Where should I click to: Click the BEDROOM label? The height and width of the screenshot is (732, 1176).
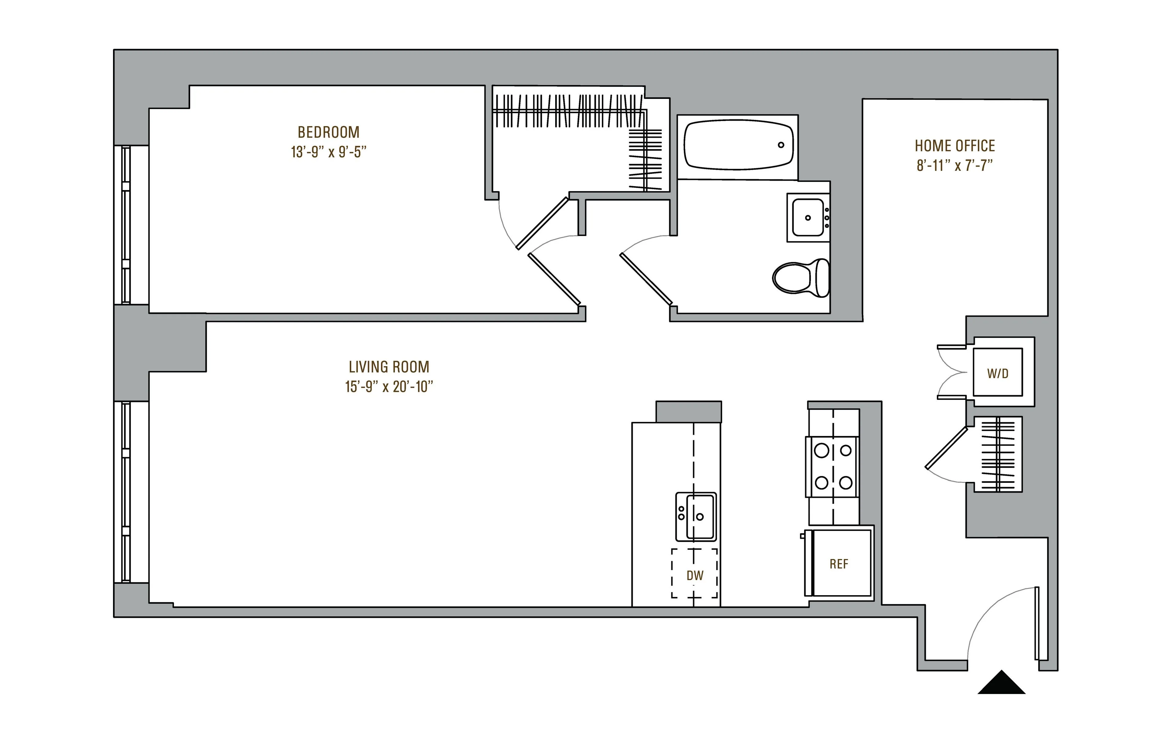pos(328,132)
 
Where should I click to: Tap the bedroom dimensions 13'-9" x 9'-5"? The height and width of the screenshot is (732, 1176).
pos(328,152)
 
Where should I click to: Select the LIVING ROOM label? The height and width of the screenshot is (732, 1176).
pos(389,367)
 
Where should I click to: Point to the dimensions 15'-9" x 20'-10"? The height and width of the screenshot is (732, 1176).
pos(389,387)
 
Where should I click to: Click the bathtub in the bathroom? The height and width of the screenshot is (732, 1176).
pos(737,145)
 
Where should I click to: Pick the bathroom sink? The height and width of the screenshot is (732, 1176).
pos(808,218)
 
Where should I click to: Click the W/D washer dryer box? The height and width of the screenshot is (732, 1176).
pos(997,373)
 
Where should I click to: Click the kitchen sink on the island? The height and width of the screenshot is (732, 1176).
pos(696,516)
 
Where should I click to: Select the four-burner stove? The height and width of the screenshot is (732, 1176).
pos(833,467)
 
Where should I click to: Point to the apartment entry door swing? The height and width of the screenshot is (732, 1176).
pos(997,615)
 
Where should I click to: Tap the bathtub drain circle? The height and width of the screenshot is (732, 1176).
pos(780,145)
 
